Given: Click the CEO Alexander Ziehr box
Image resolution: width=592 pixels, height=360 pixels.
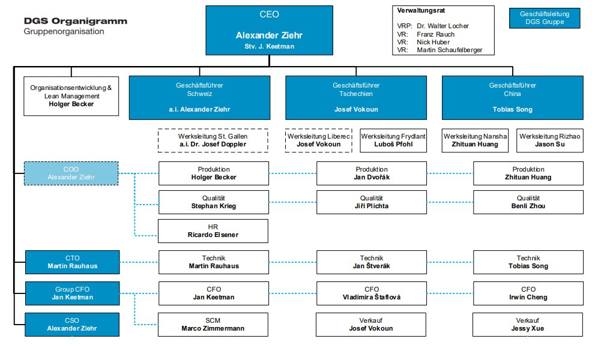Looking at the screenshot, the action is point(269,30).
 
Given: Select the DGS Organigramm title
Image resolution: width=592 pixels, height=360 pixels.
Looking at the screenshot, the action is point(76,21).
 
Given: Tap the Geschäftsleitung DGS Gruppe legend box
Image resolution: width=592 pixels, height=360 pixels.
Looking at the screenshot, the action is point(545,18).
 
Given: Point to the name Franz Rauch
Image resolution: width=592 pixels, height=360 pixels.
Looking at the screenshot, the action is point(435,34).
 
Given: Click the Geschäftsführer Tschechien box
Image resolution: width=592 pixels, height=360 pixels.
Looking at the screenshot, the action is point(356,98).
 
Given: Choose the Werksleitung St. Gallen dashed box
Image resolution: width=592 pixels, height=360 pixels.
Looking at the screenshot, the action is point(213,140).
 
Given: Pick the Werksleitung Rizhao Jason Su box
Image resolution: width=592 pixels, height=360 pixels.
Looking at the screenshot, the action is point(550,140).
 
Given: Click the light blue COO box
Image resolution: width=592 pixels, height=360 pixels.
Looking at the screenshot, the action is point(71,173).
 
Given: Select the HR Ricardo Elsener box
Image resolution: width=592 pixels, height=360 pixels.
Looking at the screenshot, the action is point(213,231).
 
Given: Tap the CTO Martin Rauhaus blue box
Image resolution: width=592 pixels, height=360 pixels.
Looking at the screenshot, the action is point(73,262).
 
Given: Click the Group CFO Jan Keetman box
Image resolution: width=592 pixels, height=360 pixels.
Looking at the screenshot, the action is point(73,293).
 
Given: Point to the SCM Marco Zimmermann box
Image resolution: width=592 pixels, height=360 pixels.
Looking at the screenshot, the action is point(213,325).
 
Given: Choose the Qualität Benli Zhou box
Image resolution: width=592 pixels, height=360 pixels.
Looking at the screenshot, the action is point(528,202).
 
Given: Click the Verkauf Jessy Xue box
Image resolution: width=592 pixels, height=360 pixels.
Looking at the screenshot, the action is point(527,325).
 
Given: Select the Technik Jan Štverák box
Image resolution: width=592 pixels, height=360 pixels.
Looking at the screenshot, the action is point(372,262).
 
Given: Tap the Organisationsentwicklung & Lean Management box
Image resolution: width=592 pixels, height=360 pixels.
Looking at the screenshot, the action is point(71,96).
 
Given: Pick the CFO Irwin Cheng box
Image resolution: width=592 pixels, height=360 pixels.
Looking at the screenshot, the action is point(528,293).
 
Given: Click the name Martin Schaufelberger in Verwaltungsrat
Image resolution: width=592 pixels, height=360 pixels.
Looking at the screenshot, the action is point(449,50).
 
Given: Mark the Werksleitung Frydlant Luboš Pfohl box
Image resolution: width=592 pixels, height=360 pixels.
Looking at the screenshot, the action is point(393,140).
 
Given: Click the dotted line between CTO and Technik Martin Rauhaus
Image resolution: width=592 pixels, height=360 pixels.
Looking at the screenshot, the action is point(139,262).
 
